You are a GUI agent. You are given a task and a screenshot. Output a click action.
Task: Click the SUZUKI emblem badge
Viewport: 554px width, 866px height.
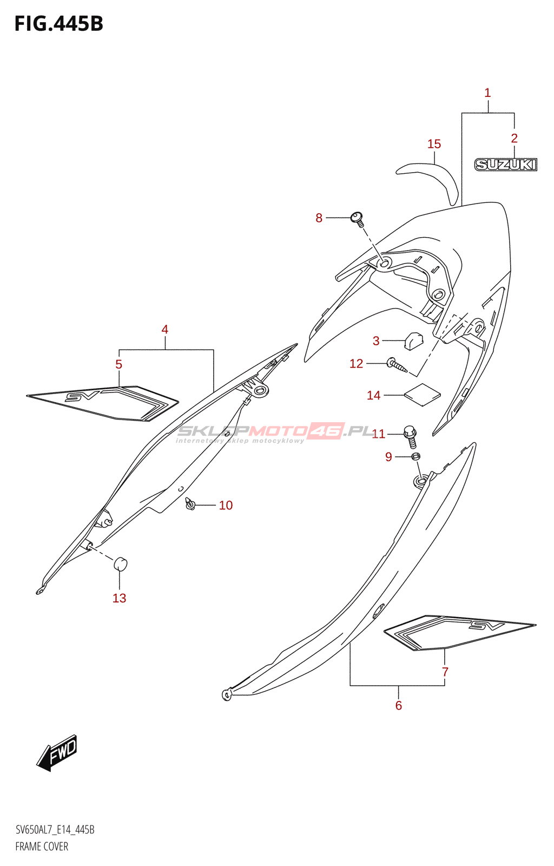click(x=505, y=165)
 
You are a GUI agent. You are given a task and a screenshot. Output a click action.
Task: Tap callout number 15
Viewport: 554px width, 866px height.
click(x=434, y=144)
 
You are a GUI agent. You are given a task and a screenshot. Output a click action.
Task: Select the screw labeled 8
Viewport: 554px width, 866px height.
click(x=358, y=218)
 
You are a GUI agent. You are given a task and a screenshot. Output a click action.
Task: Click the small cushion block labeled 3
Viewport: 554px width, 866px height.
click(x=413, y=340)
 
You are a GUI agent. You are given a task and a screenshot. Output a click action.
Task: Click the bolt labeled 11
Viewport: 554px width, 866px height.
click(x=411, y=435)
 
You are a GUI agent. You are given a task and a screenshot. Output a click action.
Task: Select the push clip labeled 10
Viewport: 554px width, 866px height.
click(x=190, y=504)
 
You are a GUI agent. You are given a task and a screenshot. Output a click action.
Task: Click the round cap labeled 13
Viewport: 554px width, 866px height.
click(x=120, y=564)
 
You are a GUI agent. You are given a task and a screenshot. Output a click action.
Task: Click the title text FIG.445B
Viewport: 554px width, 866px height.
click(x=58, y=24)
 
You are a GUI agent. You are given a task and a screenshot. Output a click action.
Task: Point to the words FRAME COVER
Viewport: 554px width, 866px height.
click(x=42, y=847)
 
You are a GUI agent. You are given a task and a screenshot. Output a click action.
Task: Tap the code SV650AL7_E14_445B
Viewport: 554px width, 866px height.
click(x=55, y=830)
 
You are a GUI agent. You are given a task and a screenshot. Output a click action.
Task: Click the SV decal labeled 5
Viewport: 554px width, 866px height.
click(x=103, y=403)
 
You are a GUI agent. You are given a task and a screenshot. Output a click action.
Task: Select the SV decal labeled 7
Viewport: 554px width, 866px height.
click(x=460, y=631)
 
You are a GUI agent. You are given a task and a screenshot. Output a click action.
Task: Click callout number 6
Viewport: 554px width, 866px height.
click(x=399, y=705)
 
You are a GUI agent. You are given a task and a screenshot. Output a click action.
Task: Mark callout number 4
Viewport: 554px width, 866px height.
click(x=164, y=329)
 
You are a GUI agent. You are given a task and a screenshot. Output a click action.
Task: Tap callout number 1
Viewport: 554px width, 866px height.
click(x=487, y=93)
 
